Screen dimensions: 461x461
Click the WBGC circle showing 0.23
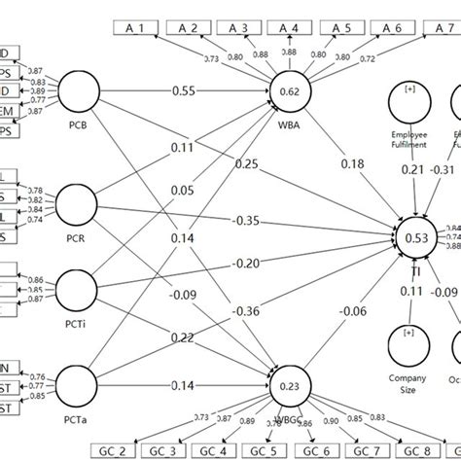point(290,383)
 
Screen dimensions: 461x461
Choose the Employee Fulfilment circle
point(409,102)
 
